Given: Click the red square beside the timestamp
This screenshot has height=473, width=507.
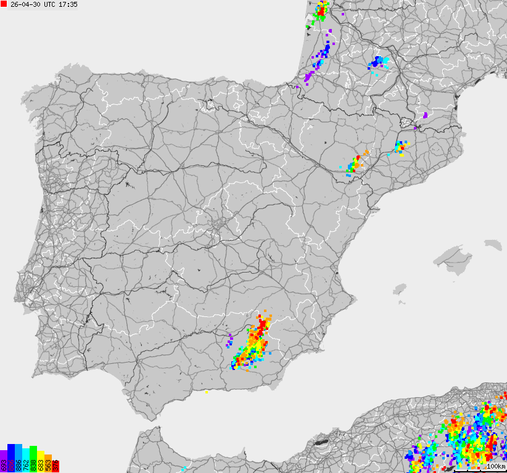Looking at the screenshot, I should pos(4,4).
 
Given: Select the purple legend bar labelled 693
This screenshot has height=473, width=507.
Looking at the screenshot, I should pos(4,461).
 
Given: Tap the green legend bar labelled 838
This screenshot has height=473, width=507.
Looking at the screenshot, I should pos(33,459).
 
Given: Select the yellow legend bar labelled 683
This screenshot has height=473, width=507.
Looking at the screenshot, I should pos(41,462).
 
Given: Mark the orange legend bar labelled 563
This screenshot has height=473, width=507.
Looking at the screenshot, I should pos(48,463).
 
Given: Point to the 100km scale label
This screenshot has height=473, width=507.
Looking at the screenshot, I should pos(495,466).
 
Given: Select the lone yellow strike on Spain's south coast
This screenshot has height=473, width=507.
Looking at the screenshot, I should pos(207,391).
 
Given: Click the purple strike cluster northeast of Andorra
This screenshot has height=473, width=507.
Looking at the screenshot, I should pos(425,115).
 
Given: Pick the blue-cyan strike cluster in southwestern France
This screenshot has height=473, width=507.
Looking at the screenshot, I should pos(378,62).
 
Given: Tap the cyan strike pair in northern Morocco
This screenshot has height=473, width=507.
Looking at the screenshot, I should pos(183,459).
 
